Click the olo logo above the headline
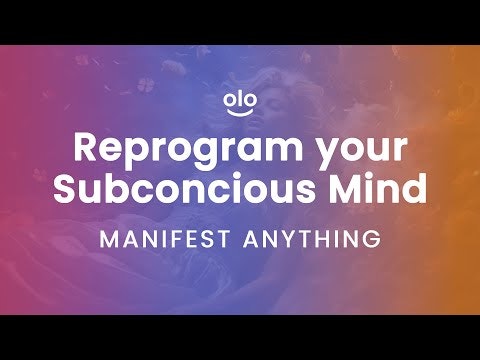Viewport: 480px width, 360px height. (x=240, y=104)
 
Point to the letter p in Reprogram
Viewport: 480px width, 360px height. (x=135, y=152)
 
